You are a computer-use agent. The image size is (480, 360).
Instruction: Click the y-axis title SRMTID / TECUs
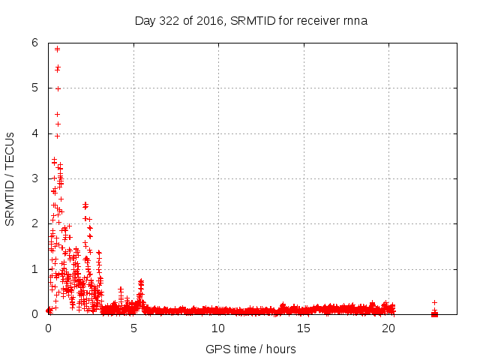click(x=10, y=178)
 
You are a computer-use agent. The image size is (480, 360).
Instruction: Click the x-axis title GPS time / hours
click(x=250, y=349)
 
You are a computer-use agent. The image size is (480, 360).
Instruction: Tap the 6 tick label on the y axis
click(x=35, y=43)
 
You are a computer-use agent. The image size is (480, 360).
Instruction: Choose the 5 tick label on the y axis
click(x=35, y=88)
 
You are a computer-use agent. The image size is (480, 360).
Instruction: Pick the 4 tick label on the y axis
click(x=35, y=133)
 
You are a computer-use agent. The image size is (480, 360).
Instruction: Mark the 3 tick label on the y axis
click(x=35, y=178)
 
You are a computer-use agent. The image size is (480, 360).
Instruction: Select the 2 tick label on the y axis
click(x=35, y=223)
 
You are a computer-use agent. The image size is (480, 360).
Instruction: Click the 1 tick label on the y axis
click(x=35, y=268)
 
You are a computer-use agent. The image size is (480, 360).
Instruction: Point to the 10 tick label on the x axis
click(x=218, y=328)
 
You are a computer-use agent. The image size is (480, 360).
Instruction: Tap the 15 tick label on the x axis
click(x=304, y=328)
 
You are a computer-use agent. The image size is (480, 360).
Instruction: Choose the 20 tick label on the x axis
click(x=388, y=328)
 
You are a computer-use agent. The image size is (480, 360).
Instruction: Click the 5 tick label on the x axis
click(x=133, y=328)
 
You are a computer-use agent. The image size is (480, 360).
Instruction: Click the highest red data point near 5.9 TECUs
click(x=57, y=49)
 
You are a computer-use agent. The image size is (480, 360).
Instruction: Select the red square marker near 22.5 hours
click(x=434, y=313)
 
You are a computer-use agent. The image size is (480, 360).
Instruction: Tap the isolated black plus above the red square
click(x=434, y=302)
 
